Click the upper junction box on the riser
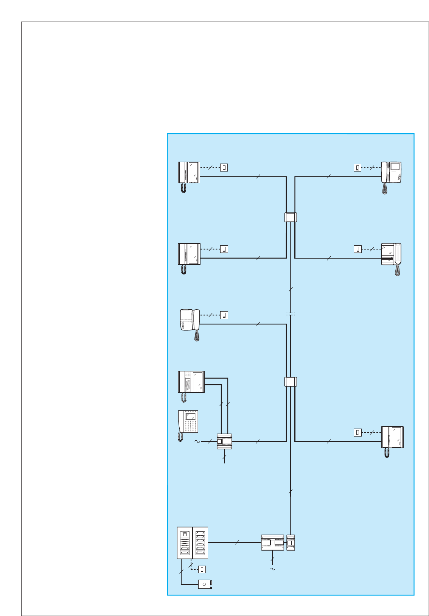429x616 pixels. (x=291, y=217)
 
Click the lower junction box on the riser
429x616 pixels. (x=291, y=382)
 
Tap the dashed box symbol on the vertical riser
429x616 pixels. (x=290, y=314)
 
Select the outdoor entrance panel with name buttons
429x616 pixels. (x=193, y=543)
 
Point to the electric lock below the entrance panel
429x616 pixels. (x=205, y=584)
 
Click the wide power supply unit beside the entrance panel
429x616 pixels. (x=272, y=543)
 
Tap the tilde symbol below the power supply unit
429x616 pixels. (x=272, y=569)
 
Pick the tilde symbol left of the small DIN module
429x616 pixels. (x=197, y=441)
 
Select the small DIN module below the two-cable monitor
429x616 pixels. (x=224, y=441)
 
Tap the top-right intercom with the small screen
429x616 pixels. (x=391, y=172)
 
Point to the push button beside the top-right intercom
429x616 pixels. (x=357, y=167)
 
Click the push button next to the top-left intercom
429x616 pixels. (x=224, y=167)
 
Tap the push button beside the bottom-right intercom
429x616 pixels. (x=357, y=432)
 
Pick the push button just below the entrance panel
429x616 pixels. (x=202, y=569)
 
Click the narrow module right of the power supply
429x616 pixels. (x=291, y=543)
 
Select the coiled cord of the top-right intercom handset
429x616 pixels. (x=385, y=189)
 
